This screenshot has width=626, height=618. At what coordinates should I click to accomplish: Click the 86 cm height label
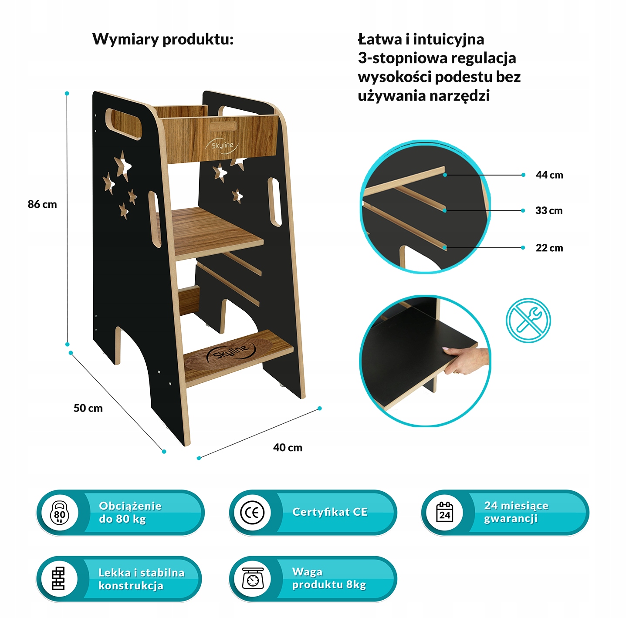tap(42, 204)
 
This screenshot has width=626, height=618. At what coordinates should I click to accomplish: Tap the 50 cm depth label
tap(88, 409)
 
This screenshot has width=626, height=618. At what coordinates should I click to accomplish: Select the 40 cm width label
tap(288, 448)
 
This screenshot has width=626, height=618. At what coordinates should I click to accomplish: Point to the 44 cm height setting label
tap(549, 175)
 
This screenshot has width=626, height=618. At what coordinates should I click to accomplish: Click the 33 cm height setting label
tap(548, 211)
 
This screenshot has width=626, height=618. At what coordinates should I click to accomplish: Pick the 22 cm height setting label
tap(549, 248)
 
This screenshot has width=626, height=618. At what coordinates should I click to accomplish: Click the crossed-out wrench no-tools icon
tap(528, 320)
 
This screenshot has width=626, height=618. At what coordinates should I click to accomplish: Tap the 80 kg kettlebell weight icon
tap(60, 513)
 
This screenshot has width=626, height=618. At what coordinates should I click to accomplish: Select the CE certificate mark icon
tap(252, 513)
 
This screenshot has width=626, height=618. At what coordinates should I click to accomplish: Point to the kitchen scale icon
tap(253, 579)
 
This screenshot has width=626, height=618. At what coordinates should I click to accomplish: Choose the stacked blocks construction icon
tap(59, 579)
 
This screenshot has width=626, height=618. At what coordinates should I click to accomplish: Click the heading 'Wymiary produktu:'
tap(163, 40)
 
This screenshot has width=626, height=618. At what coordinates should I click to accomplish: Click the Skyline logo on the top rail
tap(222, 145)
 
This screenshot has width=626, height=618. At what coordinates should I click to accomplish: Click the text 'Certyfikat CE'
tap(330, 512)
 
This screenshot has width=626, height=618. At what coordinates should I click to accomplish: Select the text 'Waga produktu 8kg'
tap(329, 578)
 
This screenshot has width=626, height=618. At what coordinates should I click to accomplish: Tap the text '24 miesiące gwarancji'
tap(516, 512)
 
